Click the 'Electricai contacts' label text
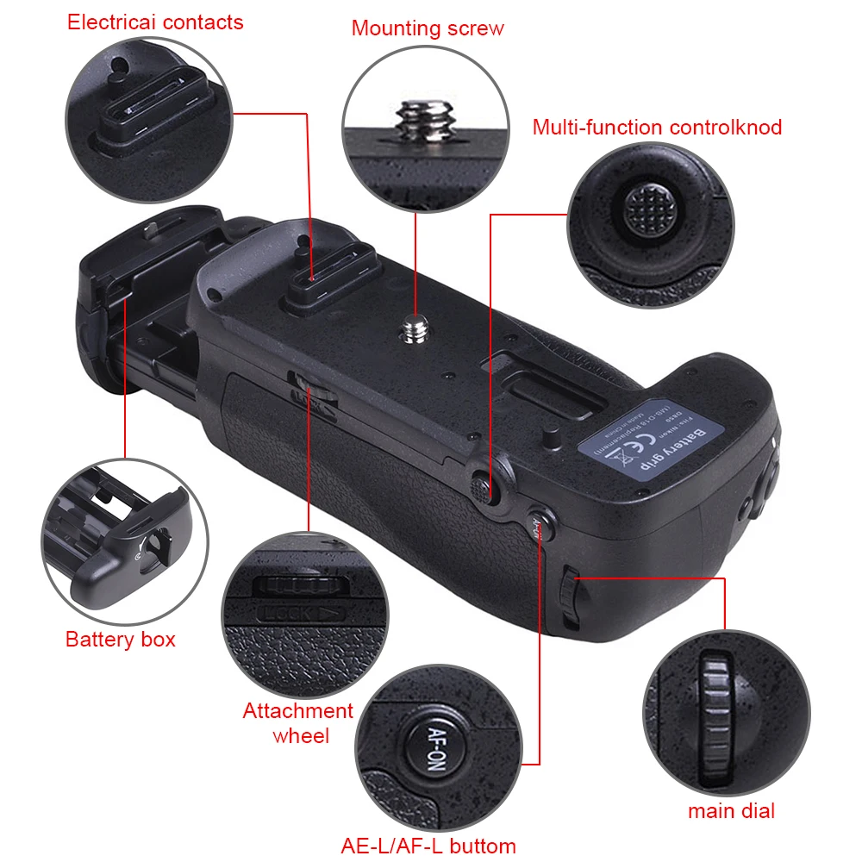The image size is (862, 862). [155, 22]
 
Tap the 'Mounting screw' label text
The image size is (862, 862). [428, 28]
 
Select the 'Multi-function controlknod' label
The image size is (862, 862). [657, 128]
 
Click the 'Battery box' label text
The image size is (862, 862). [121, 639]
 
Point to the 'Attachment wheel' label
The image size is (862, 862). [298, 723]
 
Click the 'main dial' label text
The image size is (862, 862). [731, 810]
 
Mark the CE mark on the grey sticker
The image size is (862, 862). [630, 450]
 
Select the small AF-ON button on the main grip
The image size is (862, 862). [538, 523]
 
